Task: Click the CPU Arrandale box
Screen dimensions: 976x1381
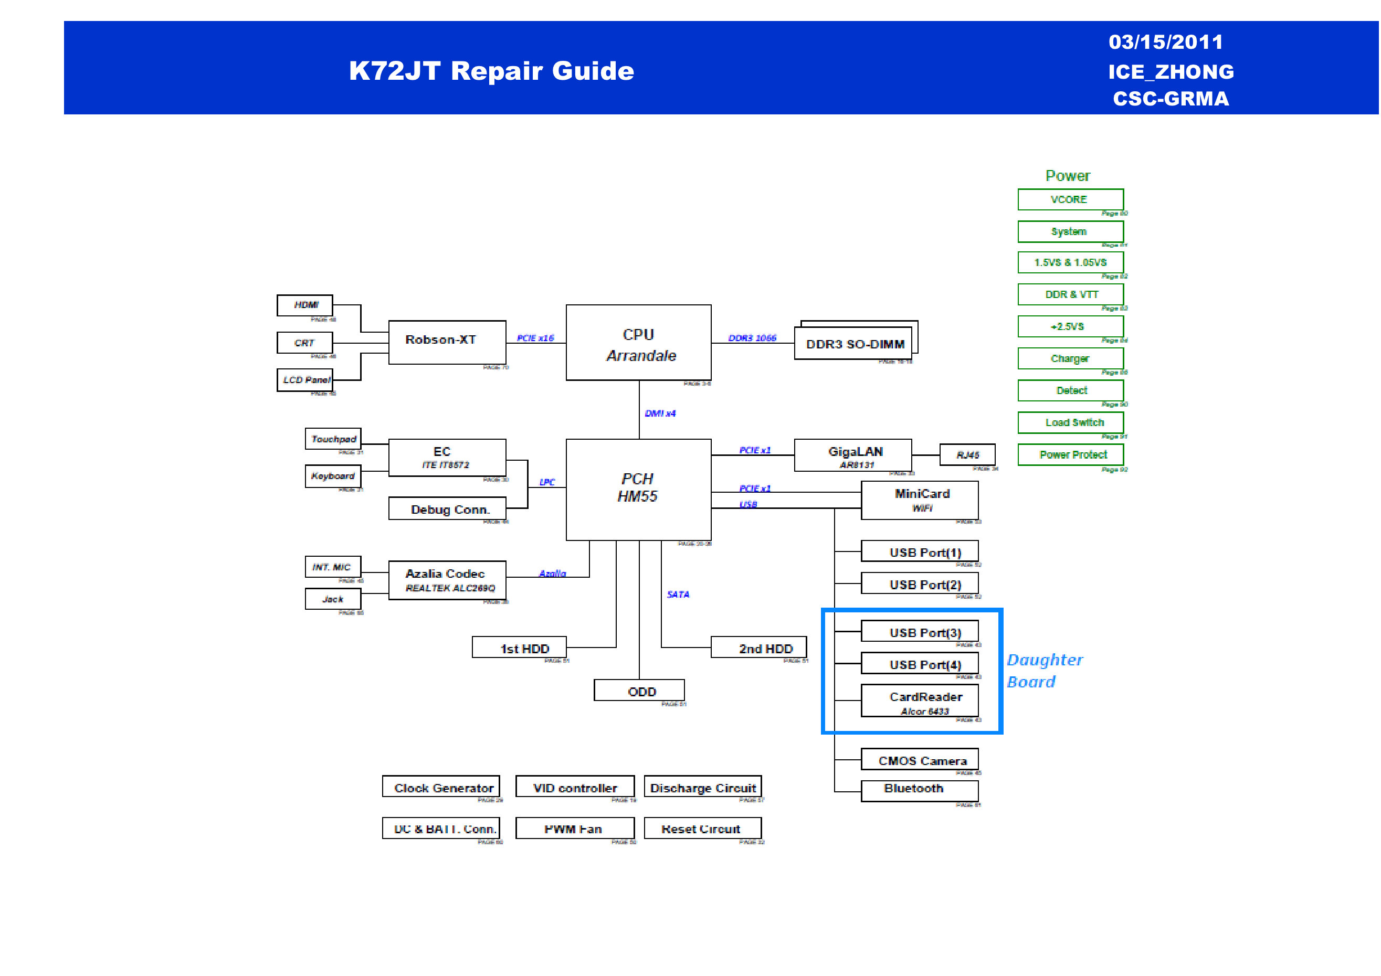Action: (638, 342)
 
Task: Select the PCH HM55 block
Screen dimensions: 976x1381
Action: (638, 489)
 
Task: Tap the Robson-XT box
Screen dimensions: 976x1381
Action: (447, 342)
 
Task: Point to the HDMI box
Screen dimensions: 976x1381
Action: (304, 305)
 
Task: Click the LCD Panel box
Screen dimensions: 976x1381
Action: (304, 380)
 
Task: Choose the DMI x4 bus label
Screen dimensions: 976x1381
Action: (660, 413)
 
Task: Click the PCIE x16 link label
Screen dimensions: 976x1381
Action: (535, 338)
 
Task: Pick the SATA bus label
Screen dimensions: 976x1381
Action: (678, 594)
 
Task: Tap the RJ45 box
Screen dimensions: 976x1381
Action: (967, 454)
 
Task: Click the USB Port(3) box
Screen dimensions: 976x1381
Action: (920, 631)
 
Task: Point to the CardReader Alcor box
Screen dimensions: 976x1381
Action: (920, 701)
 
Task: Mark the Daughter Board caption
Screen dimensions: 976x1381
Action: (1044, 671)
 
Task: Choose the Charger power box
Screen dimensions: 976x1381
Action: (1070, 358)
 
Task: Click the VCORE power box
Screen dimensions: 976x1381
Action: (1070, 199)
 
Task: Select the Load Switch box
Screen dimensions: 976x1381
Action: (1070, 422)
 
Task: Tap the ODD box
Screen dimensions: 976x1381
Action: (639, 691)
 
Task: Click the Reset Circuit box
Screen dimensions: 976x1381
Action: (702, 828)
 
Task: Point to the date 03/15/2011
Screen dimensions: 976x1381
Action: (1166, 41)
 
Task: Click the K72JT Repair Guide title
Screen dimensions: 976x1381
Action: (491, 70)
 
